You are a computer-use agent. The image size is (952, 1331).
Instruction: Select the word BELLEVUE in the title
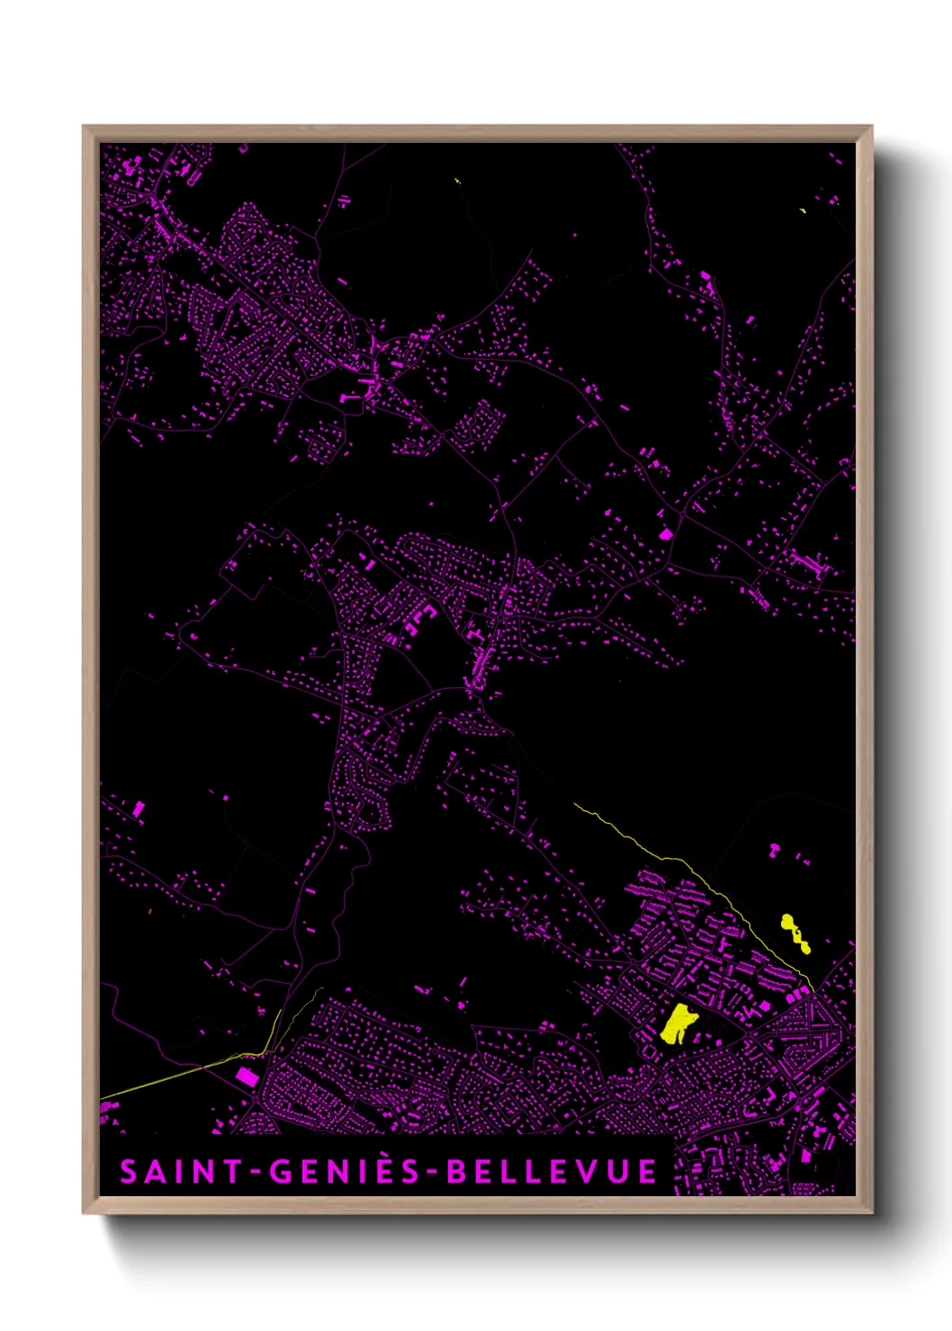point(552,1172)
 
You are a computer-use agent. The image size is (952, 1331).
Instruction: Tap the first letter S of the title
point(129,1172)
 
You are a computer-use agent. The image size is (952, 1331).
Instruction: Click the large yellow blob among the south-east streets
point(678,1023)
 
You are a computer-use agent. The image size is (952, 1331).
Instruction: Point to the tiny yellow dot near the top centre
point(458,181)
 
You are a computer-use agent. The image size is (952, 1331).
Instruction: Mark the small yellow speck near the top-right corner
point(803,210)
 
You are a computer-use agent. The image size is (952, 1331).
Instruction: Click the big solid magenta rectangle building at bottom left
point(247,1076)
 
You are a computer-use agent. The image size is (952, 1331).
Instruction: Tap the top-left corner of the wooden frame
point(84,127)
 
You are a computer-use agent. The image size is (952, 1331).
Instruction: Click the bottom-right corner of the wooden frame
point(871,1212)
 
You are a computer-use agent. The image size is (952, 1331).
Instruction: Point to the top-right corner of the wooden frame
point(871,127)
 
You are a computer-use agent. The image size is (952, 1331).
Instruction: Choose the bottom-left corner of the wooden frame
point(84,1212)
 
